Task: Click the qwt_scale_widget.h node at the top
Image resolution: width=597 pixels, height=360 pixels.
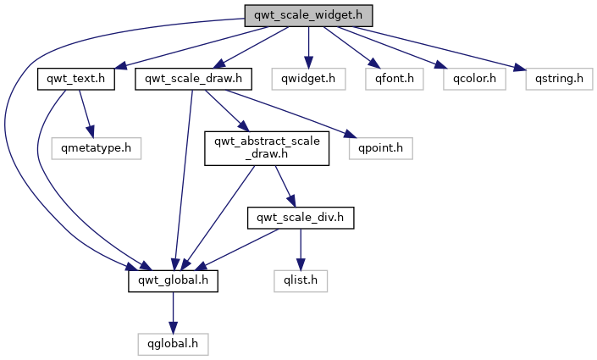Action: [x=308, y=16]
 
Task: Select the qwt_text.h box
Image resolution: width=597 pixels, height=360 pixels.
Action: [x=76, y=80]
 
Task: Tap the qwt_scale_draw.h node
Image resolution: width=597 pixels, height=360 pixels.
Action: [x=194, y=80]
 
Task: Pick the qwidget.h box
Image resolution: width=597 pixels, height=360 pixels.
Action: [x=308, y=80]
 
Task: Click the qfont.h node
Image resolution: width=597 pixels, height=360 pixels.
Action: [x=390, y=80]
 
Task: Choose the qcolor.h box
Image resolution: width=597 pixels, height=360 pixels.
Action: [x=474, y=80]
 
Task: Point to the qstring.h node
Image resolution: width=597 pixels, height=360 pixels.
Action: [x=558, y=80]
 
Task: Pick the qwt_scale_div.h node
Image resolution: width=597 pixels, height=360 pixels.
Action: [x=300, y=218]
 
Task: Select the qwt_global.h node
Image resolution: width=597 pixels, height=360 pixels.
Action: [x=173, y=279]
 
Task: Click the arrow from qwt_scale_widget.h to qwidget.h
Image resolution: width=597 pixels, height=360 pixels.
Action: [x=308, y=47]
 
